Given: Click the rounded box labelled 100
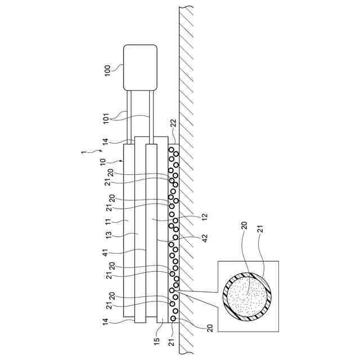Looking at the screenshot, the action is pyautogui.click(x=140, y=67).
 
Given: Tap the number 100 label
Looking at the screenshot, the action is pyautogui.click(x=107, y=71).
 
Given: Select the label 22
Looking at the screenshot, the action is pyautogui.click(x=173, y=123).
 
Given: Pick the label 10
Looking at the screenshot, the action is pyautogui.click(x=103, y=161).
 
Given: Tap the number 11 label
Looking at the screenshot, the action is pyautogui.click(x=108, y=222).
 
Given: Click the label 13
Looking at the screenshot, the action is pyautogui.click(x=109, y=235).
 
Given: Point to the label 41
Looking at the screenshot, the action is pyautogui.click(x=105, y=253).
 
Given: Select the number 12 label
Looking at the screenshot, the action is pyautogui.click(x=204, y=217).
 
